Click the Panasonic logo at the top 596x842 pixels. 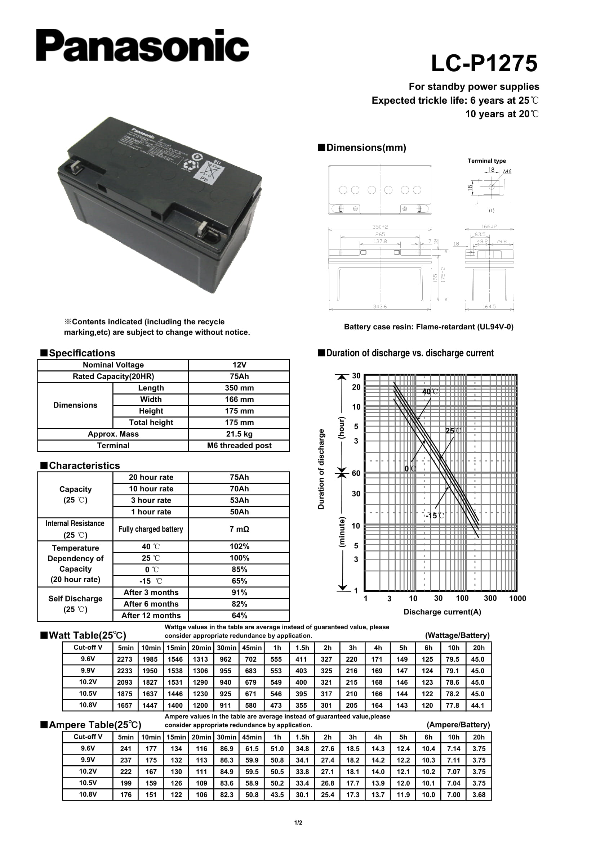142,46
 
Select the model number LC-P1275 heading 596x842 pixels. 484,63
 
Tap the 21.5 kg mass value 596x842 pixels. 239,434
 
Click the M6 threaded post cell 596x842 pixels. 239,446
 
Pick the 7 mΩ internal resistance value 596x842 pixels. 239,529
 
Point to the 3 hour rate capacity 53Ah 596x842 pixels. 239,501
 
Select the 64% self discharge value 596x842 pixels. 239,616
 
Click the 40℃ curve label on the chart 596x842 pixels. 430,392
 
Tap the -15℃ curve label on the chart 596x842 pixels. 435,515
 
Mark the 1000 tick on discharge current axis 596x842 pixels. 517,599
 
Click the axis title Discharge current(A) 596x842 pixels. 442,612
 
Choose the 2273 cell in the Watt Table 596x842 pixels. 125,659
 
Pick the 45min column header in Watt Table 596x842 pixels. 252,648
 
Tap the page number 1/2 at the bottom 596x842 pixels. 298,823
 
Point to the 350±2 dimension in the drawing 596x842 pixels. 380,227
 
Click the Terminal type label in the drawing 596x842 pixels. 486,161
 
